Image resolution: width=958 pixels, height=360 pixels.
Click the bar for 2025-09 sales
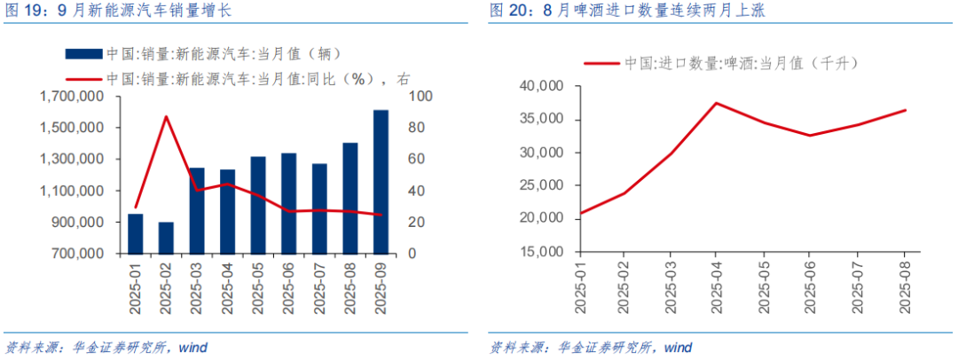click(x=381, y=182)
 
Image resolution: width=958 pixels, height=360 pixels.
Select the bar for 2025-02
click(x=166, y=238)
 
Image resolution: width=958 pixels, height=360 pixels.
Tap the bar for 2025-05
click(x=257, y=205)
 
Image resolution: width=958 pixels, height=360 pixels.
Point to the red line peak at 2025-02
click(x=166, y=116)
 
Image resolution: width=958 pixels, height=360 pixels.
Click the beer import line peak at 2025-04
click(x=716, y=103)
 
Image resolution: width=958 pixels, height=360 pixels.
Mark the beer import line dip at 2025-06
click(x=811, y=136)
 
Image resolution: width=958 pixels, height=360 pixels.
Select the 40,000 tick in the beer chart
click(x=542, y=87)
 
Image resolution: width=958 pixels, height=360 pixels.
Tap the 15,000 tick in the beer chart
click(x=542, y=252)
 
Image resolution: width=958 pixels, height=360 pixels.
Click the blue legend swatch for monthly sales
click(x=82, y=53)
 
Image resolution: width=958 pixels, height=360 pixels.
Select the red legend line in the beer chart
click(x=600, y=63)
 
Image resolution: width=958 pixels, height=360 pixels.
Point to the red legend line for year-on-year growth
click(x=82, y=78)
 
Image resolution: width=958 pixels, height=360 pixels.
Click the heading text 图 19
click(x=24, y=12)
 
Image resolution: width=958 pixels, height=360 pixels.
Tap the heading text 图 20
click(x=508, y=12)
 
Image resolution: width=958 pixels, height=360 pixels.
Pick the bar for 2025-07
click(x=319, y=208)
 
